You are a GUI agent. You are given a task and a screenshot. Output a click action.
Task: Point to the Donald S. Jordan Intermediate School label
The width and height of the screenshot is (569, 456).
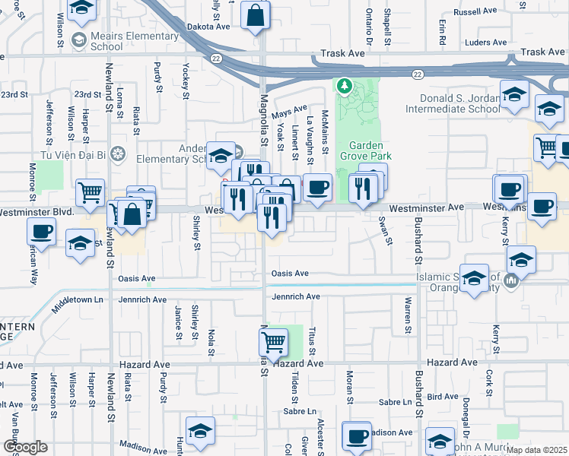click(459, 104)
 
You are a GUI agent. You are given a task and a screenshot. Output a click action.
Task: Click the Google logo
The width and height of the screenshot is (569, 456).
click(25, 447)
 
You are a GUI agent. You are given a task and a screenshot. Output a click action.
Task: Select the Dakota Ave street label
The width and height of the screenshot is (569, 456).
click(208, 26)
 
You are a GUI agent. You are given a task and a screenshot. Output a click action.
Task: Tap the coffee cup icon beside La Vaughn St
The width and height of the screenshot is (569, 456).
click(317, 186)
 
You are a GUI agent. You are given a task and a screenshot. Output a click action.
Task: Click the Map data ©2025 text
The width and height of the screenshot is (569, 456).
click(537, 450)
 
